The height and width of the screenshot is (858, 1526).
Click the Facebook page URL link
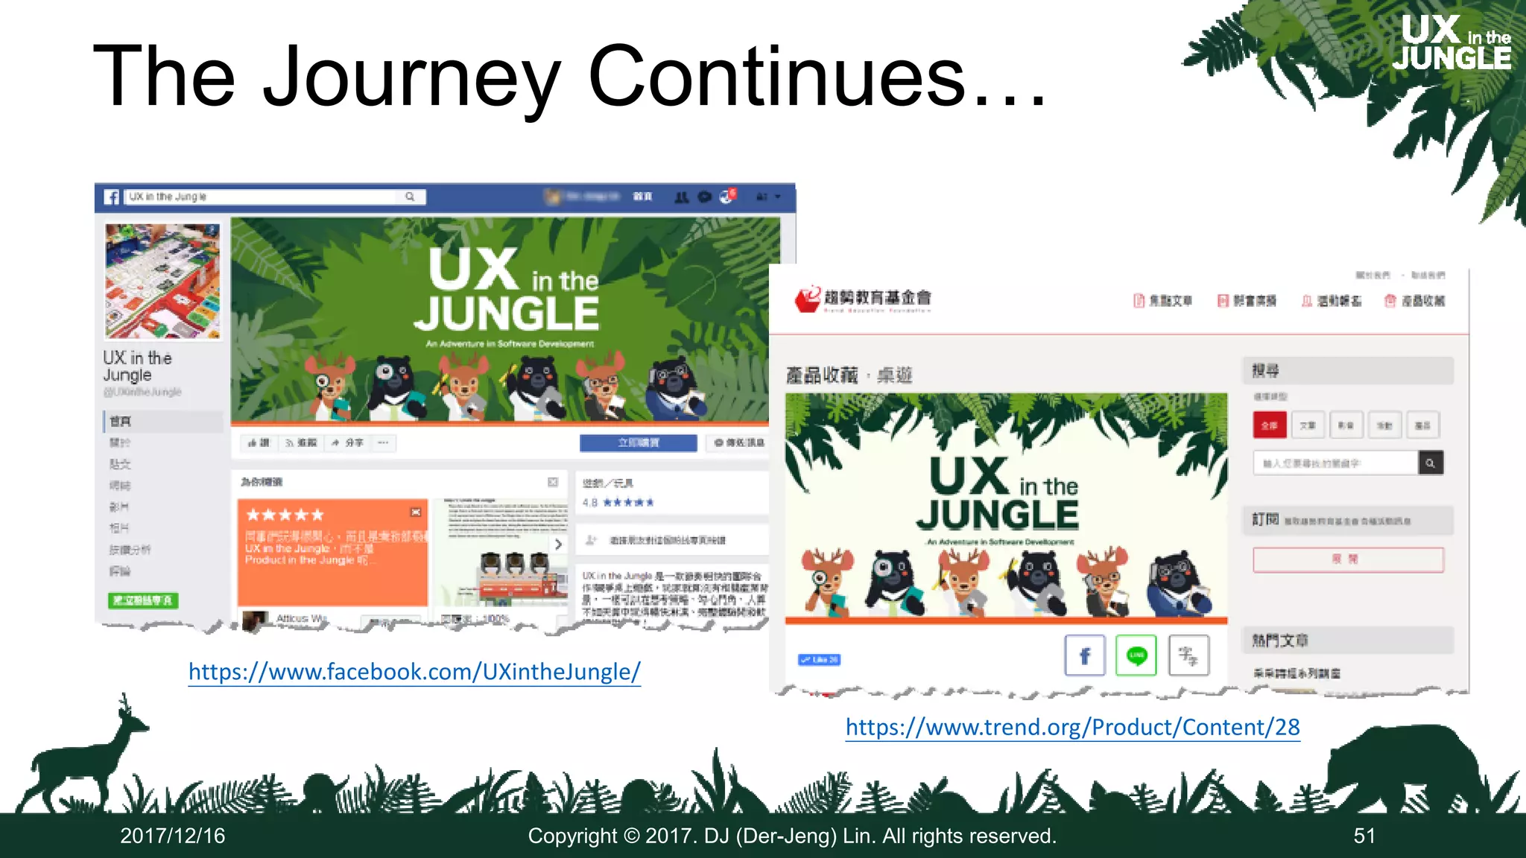414,672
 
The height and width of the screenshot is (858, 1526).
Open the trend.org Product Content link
1072,727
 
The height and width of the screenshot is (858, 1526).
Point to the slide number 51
1364,836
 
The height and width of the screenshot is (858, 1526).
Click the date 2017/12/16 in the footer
173,836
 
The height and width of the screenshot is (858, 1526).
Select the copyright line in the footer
791,836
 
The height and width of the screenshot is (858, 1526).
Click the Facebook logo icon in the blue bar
112,197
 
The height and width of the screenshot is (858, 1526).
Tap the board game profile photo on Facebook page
162,282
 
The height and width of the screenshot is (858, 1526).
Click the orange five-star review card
332,552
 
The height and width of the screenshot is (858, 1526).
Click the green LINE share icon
1136,655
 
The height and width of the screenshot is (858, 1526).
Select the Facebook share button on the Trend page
1084,655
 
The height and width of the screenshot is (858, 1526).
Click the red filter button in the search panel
1269,425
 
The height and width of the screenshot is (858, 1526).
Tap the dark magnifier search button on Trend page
1430,463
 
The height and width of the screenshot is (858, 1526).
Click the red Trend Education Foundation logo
808,299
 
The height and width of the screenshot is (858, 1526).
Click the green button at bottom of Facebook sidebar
143,600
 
